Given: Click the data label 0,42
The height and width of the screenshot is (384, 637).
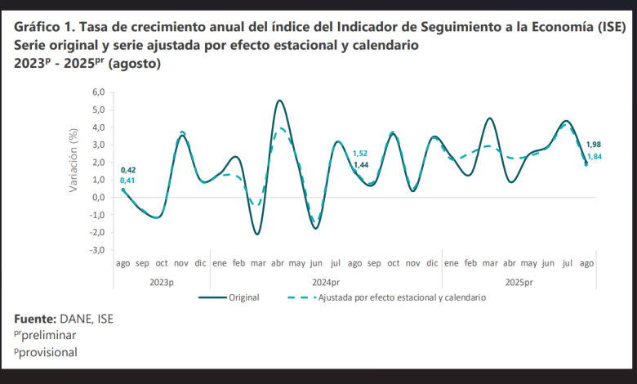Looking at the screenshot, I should [x=128, y=170].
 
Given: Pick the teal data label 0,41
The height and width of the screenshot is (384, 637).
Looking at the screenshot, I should [x=128, y=181].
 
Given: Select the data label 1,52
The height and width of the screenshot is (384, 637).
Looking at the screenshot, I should [x=360, y=154].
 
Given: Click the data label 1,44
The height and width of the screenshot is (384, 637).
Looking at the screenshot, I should [x=360, y=165].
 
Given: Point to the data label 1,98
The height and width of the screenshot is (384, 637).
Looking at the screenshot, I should [x=594, y=145].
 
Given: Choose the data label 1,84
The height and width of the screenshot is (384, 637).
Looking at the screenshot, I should [x=594, y=156].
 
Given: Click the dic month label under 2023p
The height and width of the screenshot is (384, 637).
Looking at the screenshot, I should [x=200, y=264].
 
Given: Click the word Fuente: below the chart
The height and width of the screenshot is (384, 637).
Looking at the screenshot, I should [x=35, y=319].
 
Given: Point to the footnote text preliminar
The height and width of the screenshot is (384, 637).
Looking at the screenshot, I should [x=49, y=335].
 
